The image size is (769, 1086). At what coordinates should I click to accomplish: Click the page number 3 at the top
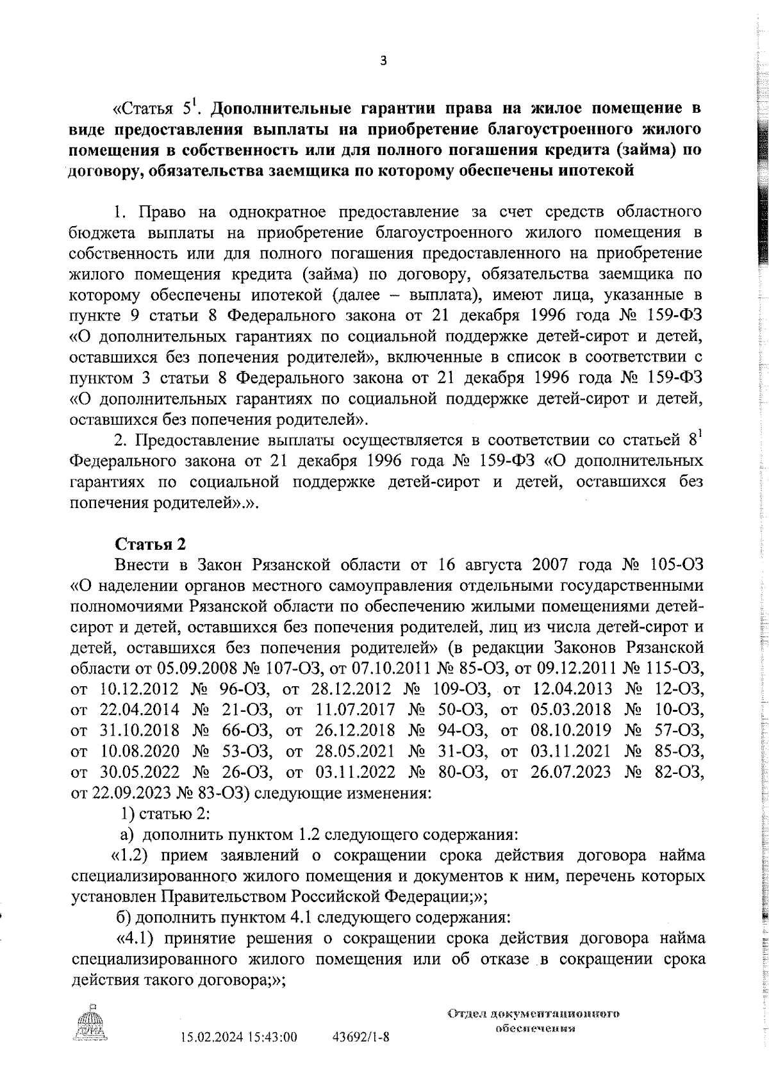383,62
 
